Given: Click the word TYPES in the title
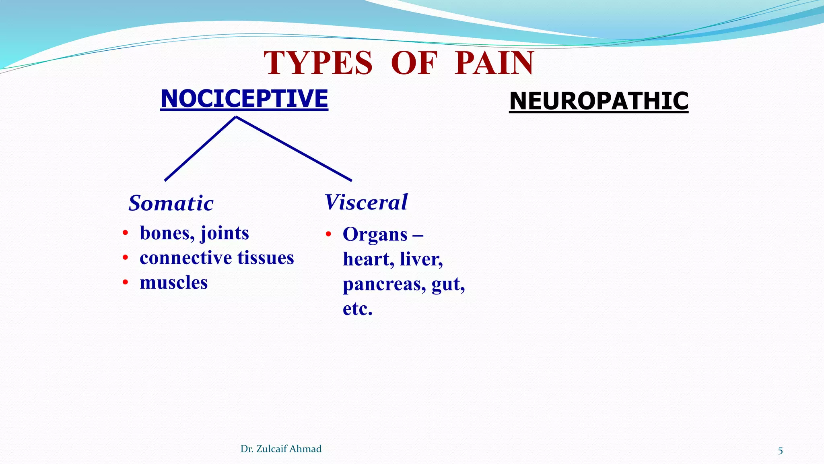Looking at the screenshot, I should point(318,63).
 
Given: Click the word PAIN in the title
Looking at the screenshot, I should point(494,63).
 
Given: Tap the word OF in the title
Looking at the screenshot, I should point(414,63).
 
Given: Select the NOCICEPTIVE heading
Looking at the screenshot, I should point(244,99).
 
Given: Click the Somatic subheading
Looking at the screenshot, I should point(171,203).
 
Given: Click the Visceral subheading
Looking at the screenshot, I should point(366,202).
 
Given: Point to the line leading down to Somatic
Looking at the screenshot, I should point(200,149).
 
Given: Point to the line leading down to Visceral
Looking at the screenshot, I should point(294,149).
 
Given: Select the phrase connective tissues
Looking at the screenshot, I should point(216,258).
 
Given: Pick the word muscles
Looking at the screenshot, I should point(173,283).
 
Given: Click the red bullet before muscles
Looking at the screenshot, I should point(126,283).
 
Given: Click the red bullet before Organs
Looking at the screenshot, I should point(328,234).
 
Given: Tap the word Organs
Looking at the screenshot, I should point(375,235).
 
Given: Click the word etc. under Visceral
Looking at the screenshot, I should point(357,309).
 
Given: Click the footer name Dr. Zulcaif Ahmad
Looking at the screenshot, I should point(281,449).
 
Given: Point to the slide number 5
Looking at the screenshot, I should point(780,451).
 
